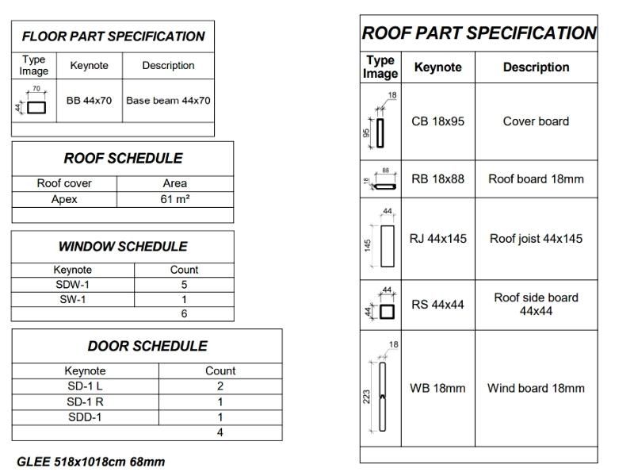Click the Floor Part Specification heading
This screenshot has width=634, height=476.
(x=113, y=36)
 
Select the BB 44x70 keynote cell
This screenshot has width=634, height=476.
(x=89, y=101)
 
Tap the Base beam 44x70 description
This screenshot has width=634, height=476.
(x=168, y=101)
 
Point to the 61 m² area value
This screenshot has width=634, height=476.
(x=174, y=199)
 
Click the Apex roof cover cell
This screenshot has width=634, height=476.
(x=64, y=199)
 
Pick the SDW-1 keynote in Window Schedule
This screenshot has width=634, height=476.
(x=72, y=284)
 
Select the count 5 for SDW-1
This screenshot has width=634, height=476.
(x=184, y=284)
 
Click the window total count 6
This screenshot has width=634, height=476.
(x=184, y=313)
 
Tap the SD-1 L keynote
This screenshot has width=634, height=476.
(x=85, y=386)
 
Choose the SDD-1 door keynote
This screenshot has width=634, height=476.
(x=85, y=417)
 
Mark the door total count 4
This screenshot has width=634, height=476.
(x=220, y=433)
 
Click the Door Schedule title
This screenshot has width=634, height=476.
(x=147, y=346)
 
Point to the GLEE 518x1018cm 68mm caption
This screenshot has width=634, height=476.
(x=91, y=462)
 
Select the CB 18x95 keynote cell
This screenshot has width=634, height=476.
(x=437, y=121)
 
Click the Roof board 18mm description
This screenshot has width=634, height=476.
(x=536, y=179)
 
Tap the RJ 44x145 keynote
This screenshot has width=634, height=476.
(x=437, y=238)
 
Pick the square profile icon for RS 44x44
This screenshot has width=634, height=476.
(x=386, y=311)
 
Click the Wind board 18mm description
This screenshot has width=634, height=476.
(x=536, y=388)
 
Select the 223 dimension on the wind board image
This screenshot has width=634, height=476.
(x=367, y=395)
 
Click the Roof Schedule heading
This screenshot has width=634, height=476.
(x=123, y=158)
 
